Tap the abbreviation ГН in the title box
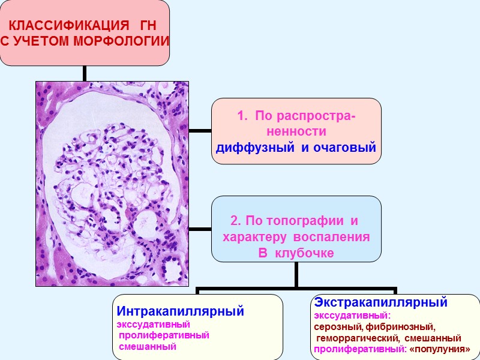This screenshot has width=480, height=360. click(x=146, y=27)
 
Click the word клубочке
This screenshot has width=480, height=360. click(x=305, y=253)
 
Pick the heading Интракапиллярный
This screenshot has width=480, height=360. click(x=180, y=311)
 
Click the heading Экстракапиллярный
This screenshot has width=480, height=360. click(x=381, y=301)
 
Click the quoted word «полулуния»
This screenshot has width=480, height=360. click(x=440, y=349)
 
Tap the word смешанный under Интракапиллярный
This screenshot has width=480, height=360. click(x=148, y=347)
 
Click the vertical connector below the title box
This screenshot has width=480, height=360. click(x=85, y=73)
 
